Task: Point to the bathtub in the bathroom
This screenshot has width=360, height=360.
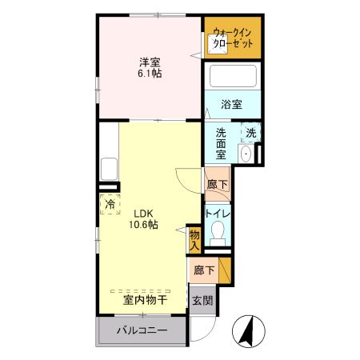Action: click(x=232, y=78)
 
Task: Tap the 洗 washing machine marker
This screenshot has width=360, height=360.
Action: click(x=251, y=134)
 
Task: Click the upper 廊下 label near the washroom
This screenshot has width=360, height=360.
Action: click(x=217, y=185)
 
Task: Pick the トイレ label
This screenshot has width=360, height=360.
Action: click(x=218, y=214)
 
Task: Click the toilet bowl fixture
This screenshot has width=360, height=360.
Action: click(x=217, y=234)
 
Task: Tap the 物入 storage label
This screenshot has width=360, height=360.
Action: click(x=194, y=238)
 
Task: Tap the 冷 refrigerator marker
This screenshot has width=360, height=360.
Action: click(x=110, y=205)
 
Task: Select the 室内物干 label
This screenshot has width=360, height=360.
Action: click(x=144, y=300)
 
